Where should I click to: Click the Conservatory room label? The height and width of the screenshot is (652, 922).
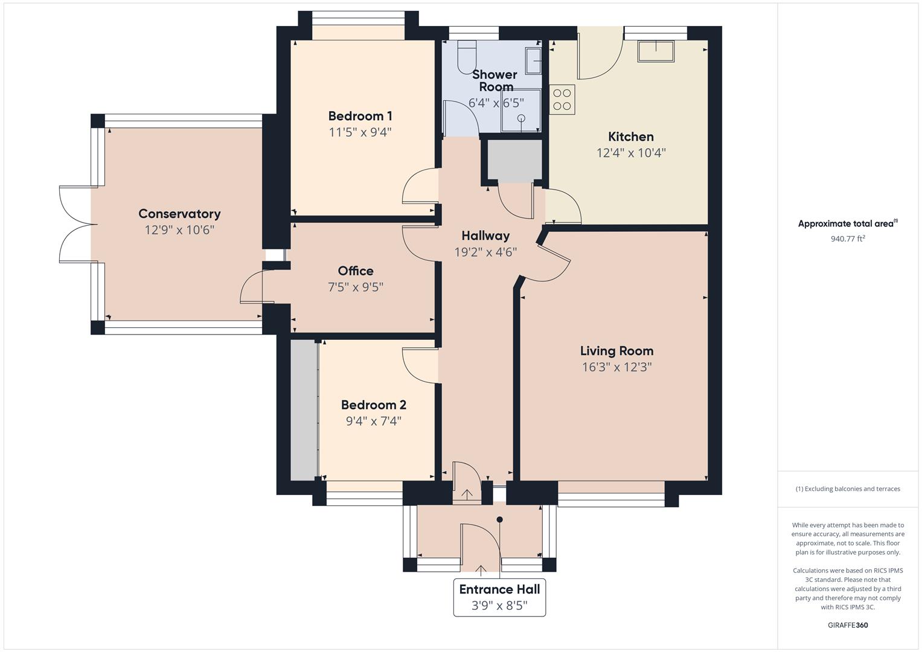click(179, 214)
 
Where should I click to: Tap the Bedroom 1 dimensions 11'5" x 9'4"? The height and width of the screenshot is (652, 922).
click(360, 132)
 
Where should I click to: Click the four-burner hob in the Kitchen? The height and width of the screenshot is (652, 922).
click(562, 100)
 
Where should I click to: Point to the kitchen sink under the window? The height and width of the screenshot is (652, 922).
click(656, 51)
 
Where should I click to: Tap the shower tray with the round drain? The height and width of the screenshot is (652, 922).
click(520, 110)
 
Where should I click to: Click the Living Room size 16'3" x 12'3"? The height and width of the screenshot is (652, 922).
click(616, 367)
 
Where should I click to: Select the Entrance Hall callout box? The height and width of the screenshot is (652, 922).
click(499, 597)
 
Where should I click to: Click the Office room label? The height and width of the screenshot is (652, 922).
click(356, 271)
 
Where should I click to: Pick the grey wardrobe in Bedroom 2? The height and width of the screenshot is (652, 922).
click(304, 411)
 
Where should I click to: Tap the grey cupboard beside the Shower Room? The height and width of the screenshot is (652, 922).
click(514, 161)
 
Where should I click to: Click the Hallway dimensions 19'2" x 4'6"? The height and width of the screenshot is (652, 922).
click(485, 252)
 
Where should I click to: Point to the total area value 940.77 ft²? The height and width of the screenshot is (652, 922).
click(848, 239)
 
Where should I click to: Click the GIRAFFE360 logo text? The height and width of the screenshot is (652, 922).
click(848, 625)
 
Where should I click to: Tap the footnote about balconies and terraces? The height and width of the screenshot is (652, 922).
click(848, 489)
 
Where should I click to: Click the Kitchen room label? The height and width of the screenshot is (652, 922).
click(630, 137)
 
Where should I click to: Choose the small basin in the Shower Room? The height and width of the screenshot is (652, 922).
click(534, 61)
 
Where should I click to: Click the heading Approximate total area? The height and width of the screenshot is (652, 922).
click(847, 224)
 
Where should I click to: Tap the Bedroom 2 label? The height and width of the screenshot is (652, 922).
click(373, 405)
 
